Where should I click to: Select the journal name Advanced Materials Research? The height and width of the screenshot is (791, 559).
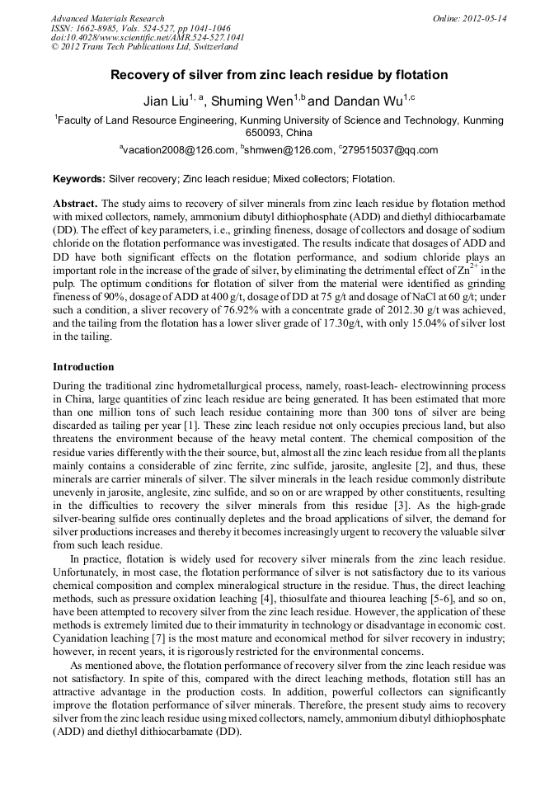tap(107, 18)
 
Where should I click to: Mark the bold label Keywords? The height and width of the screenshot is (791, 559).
tap(79, 178)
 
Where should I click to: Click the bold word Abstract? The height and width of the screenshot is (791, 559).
tap(75, 203)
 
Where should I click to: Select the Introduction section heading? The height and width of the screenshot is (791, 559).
tap(83, 366)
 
